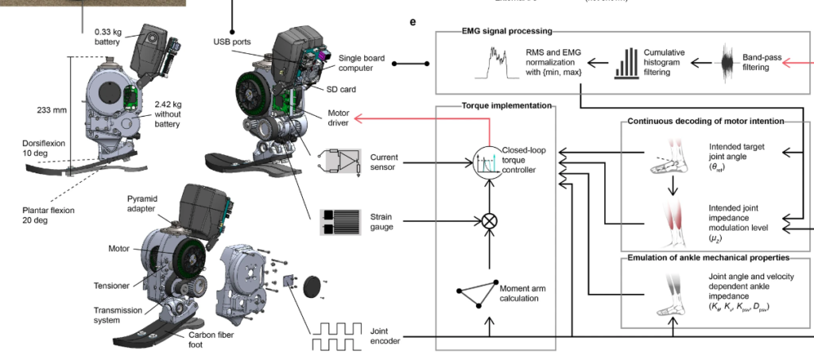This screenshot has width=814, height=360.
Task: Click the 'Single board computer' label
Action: click(360, 64)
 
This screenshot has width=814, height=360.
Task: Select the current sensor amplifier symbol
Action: click(338, 161)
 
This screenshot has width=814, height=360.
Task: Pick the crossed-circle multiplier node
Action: click(490, 220)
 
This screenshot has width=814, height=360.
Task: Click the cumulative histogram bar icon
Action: click(628, 62)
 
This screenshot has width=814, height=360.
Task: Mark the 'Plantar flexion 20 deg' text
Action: click(48, 216)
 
